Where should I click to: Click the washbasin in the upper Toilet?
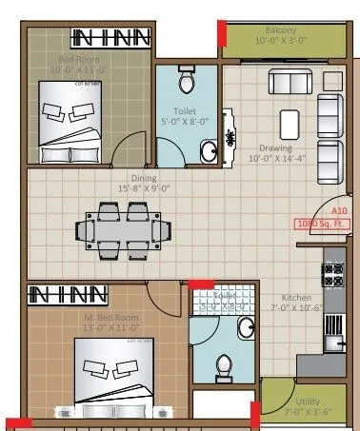207,150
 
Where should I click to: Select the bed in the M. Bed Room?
110,373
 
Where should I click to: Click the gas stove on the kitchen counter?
334,276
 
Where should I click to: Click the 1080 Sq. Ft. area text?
323,225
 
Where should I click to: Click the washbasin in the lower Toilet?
246,329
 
